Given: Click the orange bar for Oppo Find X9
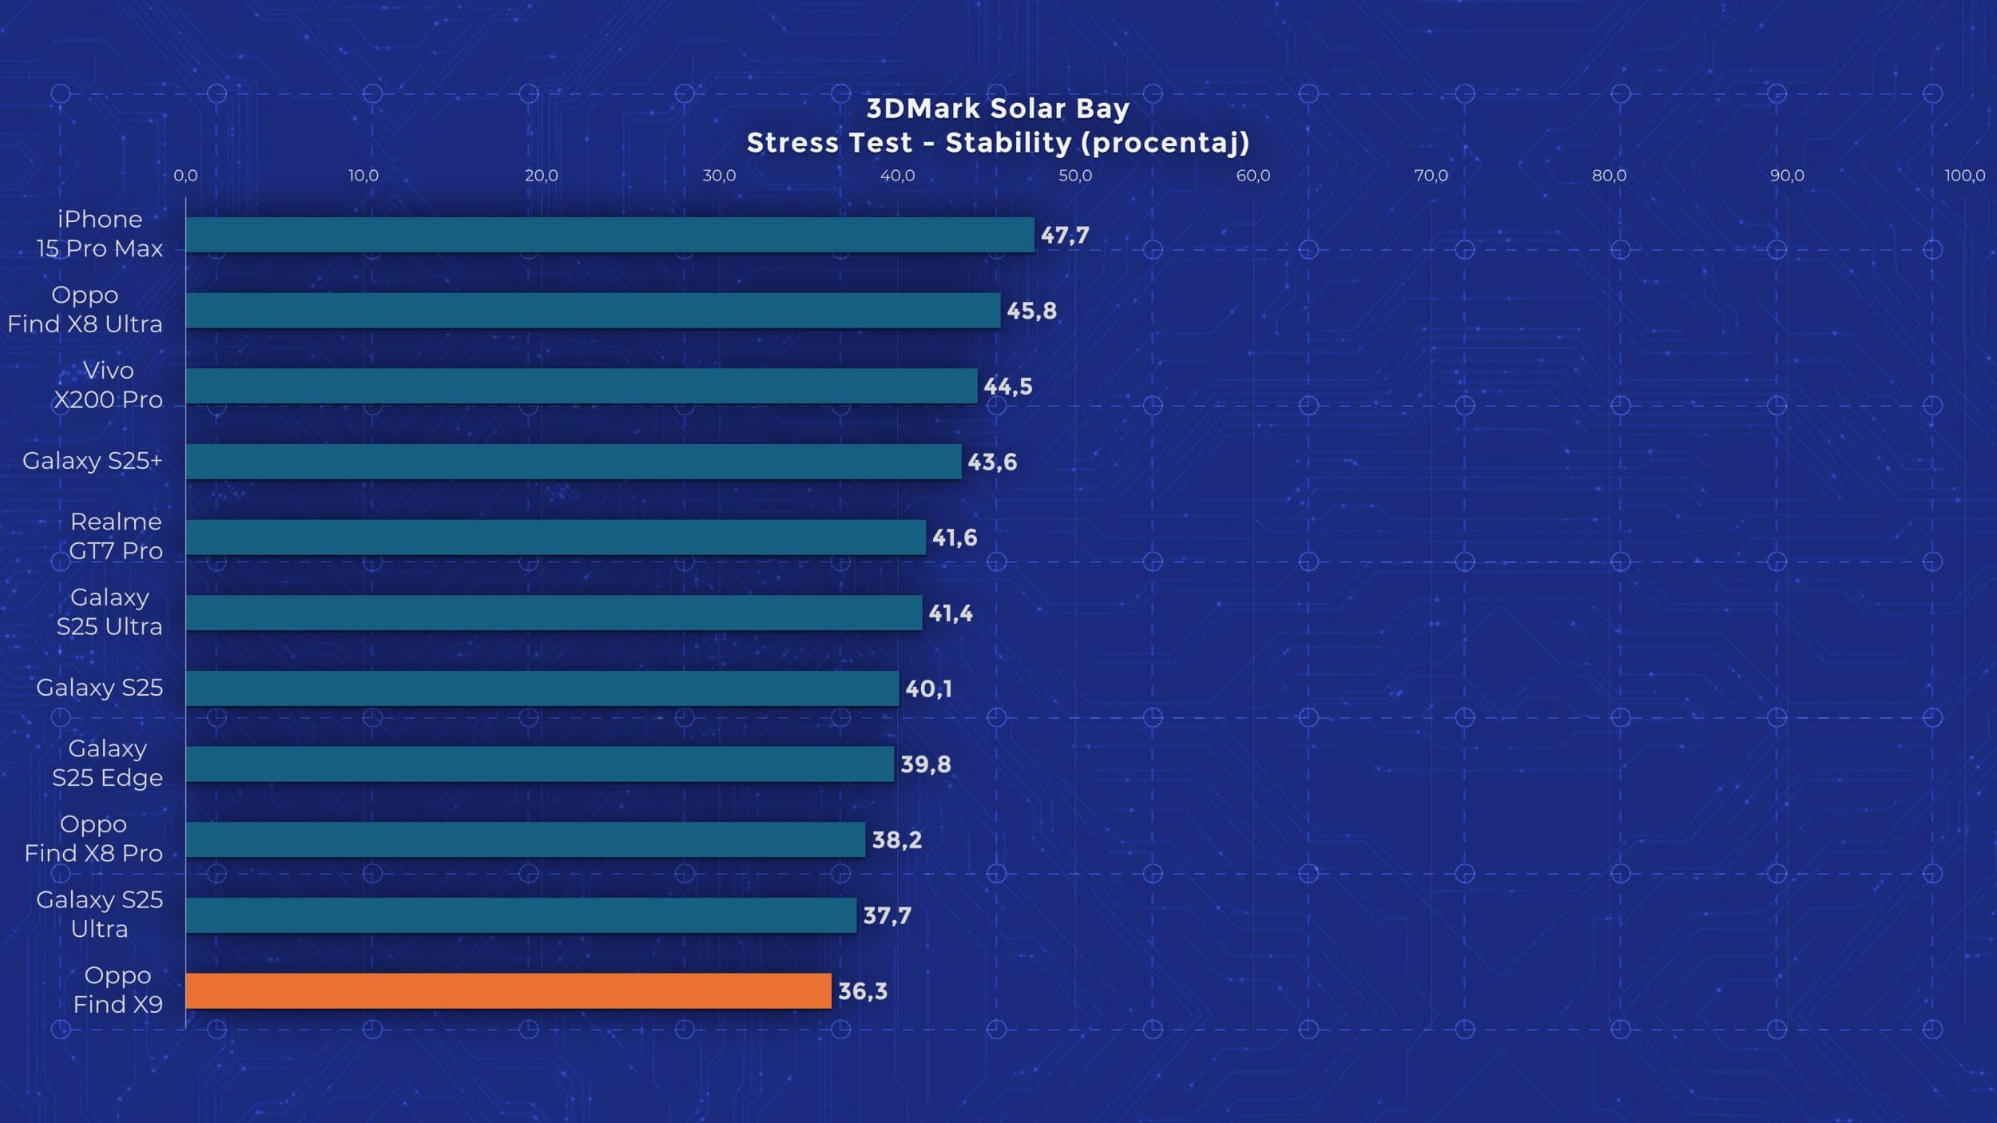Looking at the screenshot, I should (x=508, y=990).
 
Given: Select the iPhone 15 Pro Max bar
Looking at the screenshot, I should (x=609, y=235).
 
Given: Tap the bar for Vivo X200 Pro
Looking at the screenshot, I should (x=582, y=386).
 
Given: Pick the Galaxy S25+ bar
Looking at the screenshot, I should (x=574, y=462).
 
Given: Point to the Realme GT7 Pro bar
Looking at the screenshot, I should (x=556, y=538).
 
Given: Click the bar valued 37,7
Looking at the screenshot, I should (x=521, y=915).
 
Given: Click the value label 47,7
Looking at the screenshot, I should (x=1065, y=236).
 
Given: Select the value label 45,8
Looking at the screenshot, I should (x=1031, y=311).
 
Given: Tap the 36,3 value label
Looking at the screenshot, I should (x=863, y=991).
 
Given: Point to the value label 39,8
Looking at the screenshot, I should (x=926, y=764).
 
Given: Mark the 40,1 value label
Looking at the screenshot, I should (x=928, y=688).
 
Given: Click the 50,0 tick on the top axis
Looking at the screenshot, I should (x=1075, y=176).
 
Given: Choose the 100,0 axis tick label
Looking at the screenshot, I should (x=1964, y=176).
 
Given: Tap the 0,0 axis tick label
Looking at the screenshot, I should (x=185, y=176).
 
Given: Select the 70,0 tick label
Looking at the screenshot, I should (x=1431, y=176).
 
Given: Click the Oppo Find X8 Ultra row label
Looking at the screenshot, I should (x=85, y=309).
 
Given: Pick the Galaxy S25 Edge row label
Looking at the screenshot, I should (x=107, y=763).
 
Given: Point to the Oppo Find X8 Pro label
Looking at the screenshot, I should (x=93, y=839).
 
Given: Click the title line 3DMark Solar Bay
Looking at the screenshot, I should (x=998, y=109).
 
